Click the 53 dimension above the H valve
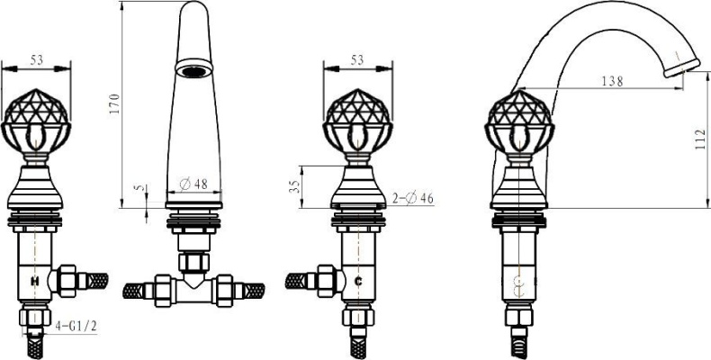pyautogui.click(x=37, y=60)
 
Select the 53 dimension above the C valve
pyautogui.click(x=357, y=60)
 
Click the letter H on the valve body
pyautogui.click(x=34, y=281)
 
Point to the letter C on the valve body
pyautogui.click(x=358, y=281)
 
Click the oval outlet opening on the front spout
pyautogui.click(x=193, y=70)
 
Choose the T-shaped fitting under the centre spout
pyautogui.click(x=193, y=286)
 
